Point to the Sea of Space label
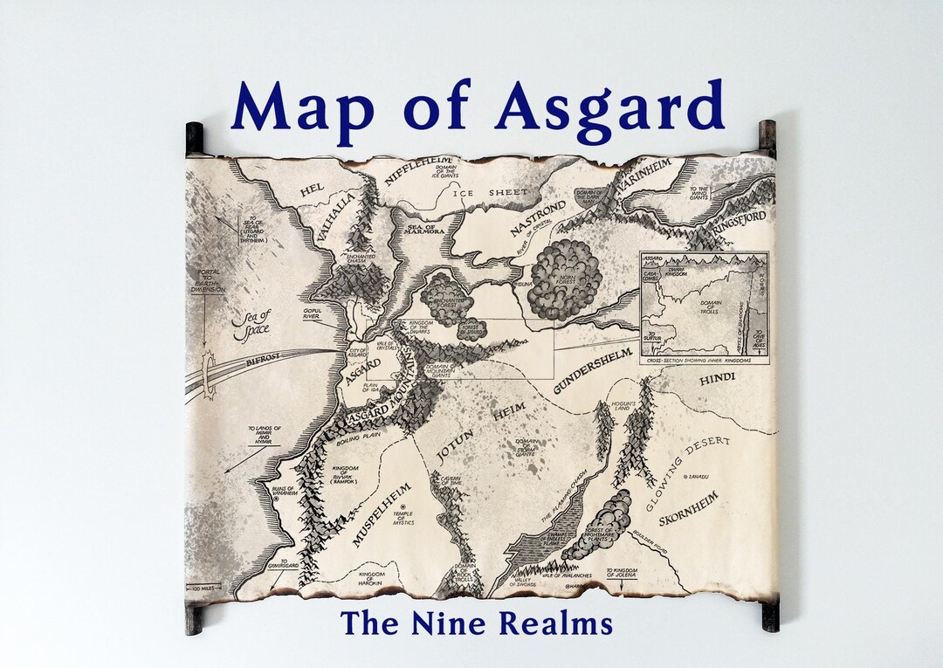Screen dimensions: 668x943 pos(252,323)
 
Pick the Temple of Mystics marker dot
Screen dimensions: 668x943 pos(403,523)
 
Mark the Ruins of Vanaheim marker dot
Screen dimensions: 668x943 pos(277,499)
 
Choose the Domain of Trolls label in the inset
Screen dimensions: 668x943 pos(708,307)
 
